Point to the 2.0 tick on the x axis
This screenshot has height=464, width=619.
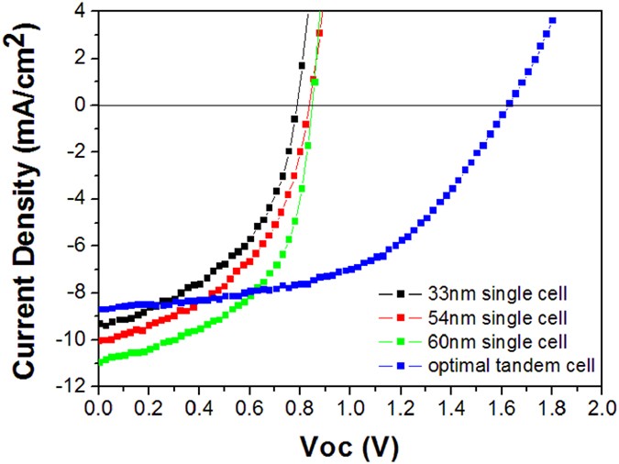point(601,404)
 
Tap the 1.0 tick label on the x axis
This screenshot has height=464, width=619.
point(348,404)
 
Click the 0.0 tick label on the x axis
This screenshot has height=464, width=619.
point(96,404)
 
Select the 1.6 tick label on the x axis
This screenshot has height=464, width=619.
point(500,404)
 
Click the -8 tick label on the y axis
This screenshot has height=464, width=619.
point(79,293)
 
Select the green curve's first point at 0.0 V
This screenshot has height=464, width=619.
point(98,362)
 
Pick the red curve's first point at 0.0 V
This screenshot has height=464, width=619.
point(98,341)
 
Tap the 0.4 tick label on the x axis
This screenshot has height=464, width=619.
point(197,404)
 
